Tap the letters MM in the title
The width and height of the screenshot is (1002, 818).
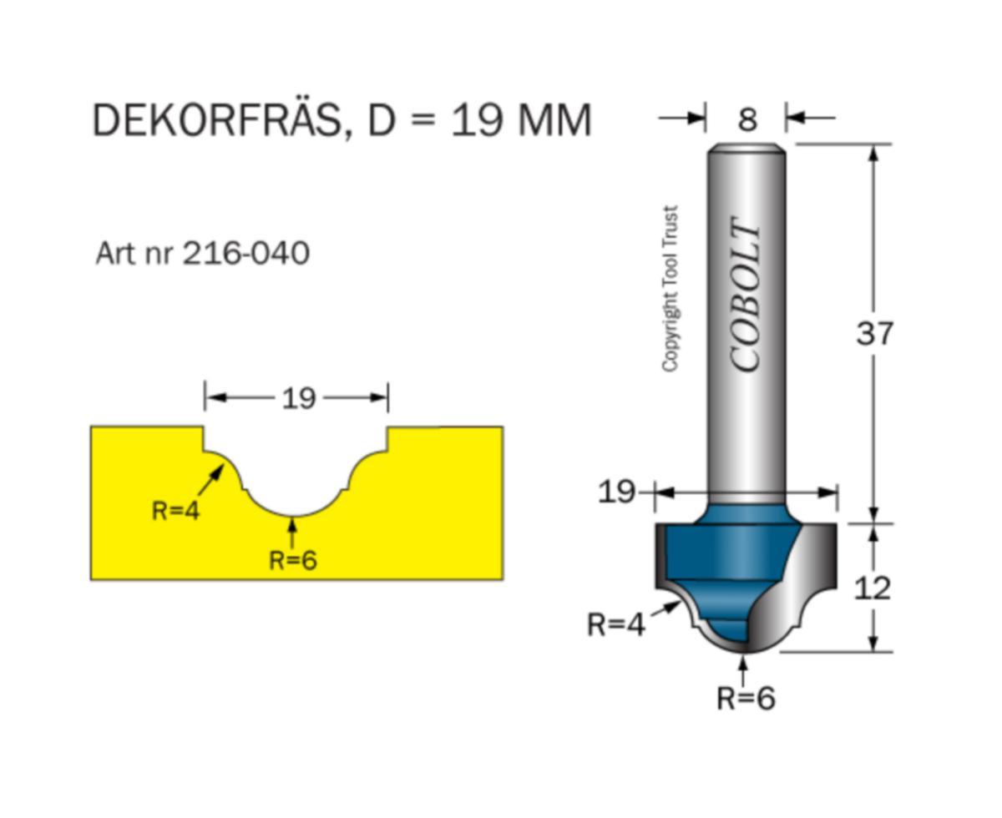554,120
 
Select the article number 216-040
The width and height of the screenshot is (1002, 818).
246,252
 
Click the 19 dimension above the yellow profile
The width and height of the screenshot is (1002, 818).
298,399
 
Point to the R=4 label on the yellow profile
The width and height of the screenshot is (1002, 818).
175,510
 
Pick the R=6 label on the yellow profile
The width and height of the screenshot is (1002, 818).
293,560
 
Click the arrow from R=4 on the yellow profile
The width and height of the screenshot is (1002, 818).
212,478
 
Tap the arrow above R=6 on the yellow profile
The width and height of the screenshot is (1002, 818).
292,531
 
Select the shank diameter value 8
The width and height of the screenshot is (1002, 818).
746,119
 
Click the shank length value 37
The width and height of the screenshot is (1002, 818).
874,334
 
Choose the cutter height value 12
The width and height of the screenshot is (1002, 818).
873,588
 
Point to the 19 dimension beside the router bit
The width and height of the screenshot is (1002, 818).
616,492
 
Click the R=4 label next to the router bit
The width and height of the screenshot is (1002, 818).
616,624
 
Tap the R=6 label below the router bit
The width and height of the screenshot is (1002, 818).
746,697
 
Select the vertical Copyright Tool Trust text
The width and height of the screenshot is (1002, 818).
670,289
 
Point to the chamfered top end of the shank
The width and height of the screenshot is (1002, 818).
746,149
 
